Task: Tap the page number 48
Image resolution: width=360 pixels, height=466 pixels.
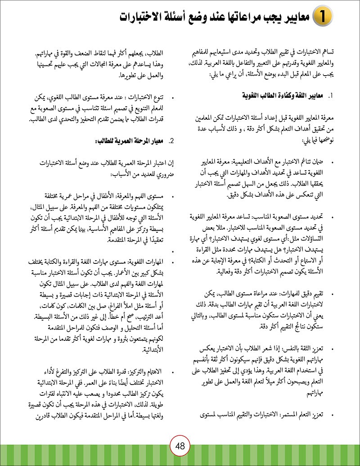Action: click(180, 446)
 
